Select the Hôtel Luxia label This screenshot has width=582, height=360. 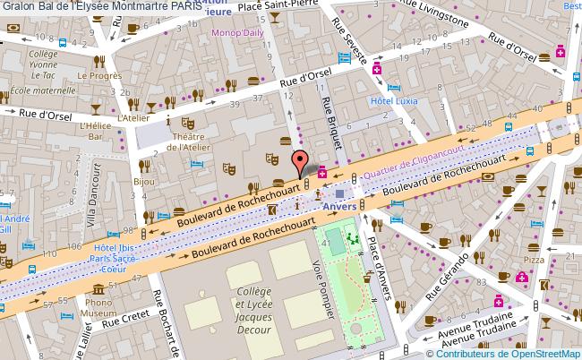pyautogui.click(x=393, y=100)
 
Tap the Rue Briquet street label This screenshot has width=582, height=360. pyautogui.click(x=328, y=116)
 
